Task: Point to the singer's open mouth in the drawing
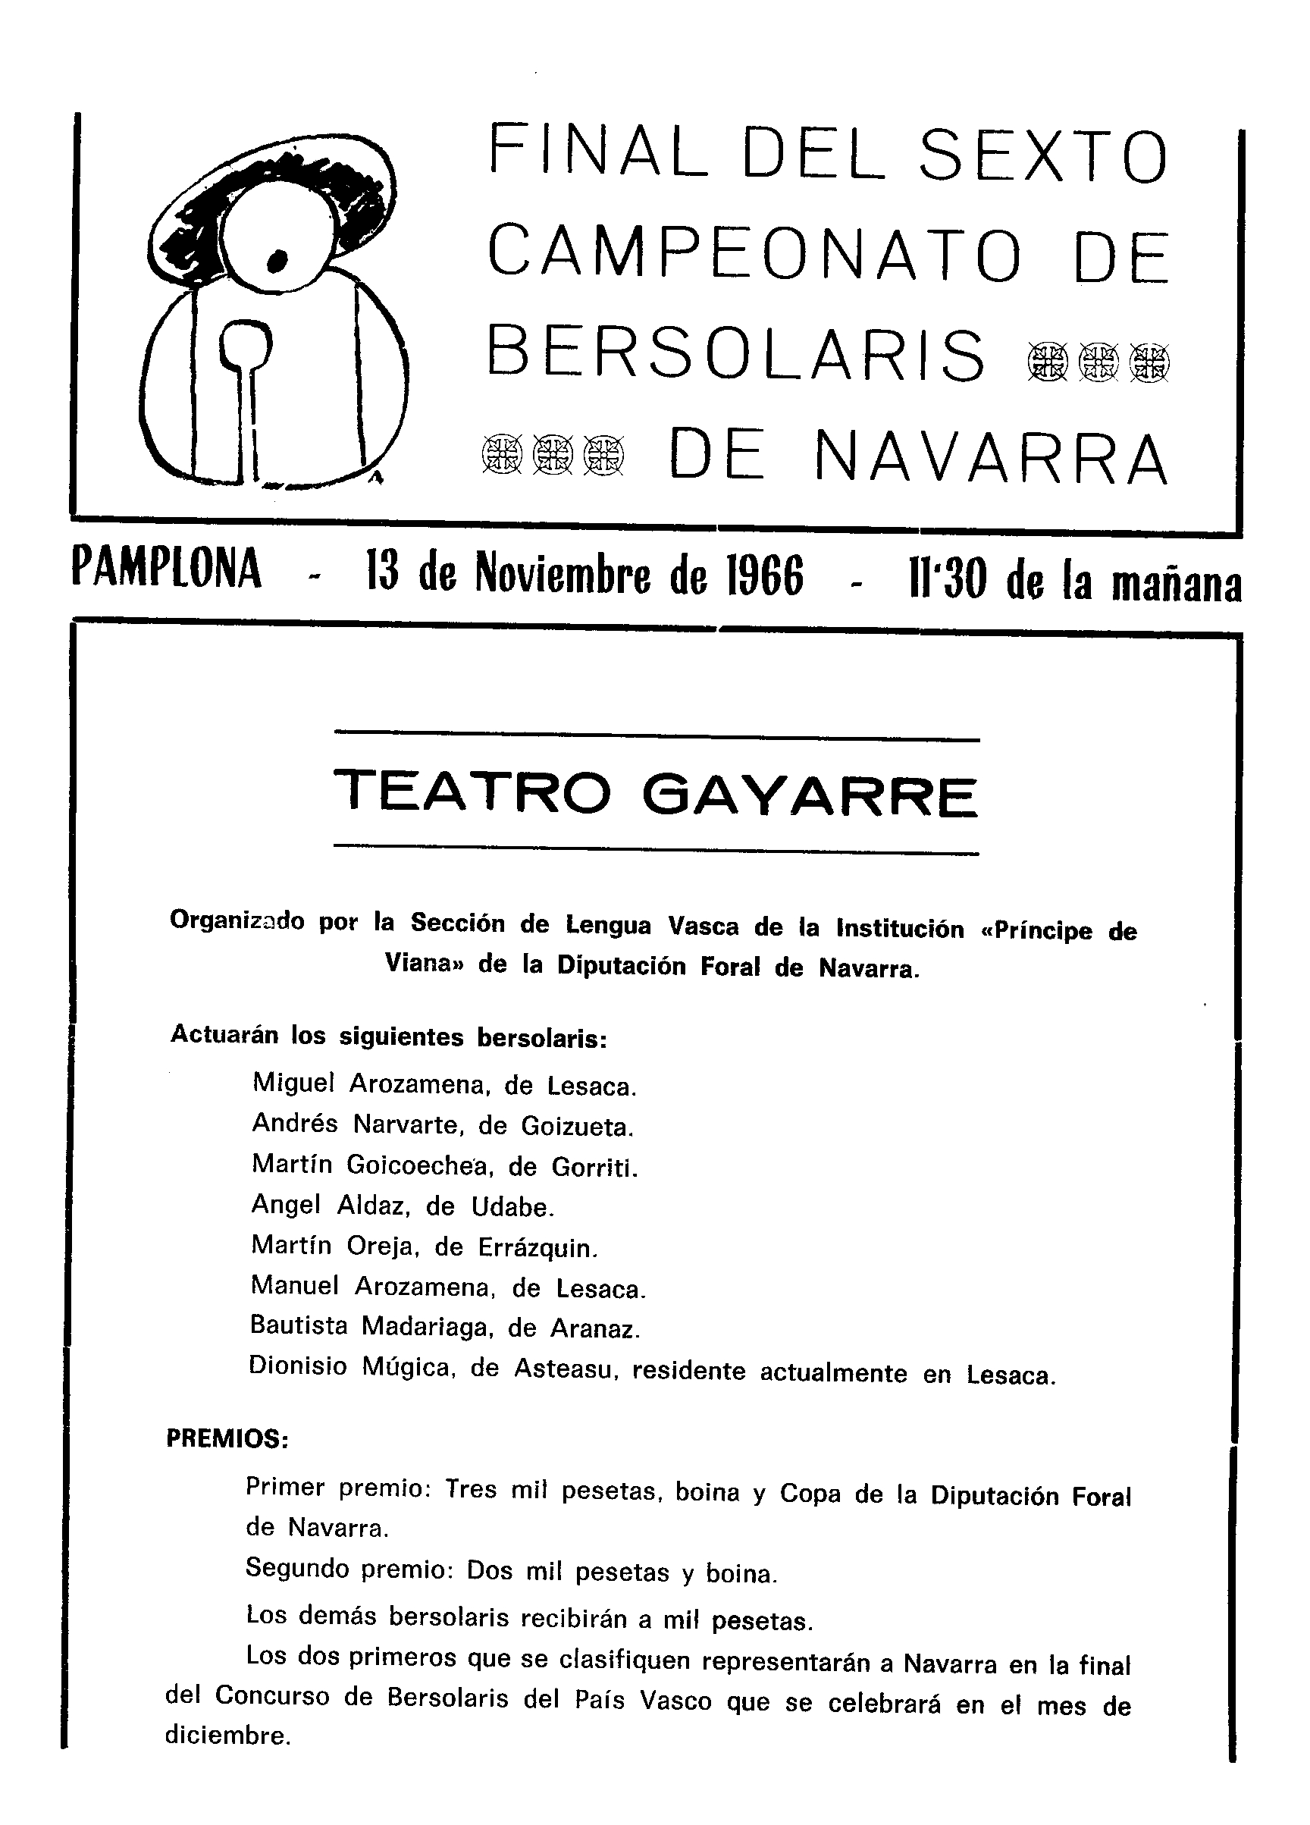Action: point(277,259)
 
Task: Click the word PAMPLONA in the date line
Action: point(167,569)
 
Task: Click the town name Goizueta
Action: point(576,1126)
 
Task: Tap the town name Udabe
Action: point(512,1206)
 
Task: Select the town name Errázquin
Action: point(537,1246)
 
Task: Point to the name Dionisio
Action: point(298,1366)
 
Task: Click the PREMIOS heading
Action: point(227,1439)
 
